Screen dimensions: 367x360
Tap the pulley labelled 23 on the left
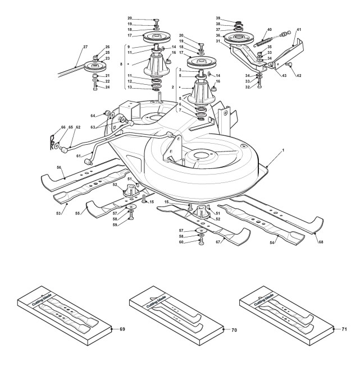92,67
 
